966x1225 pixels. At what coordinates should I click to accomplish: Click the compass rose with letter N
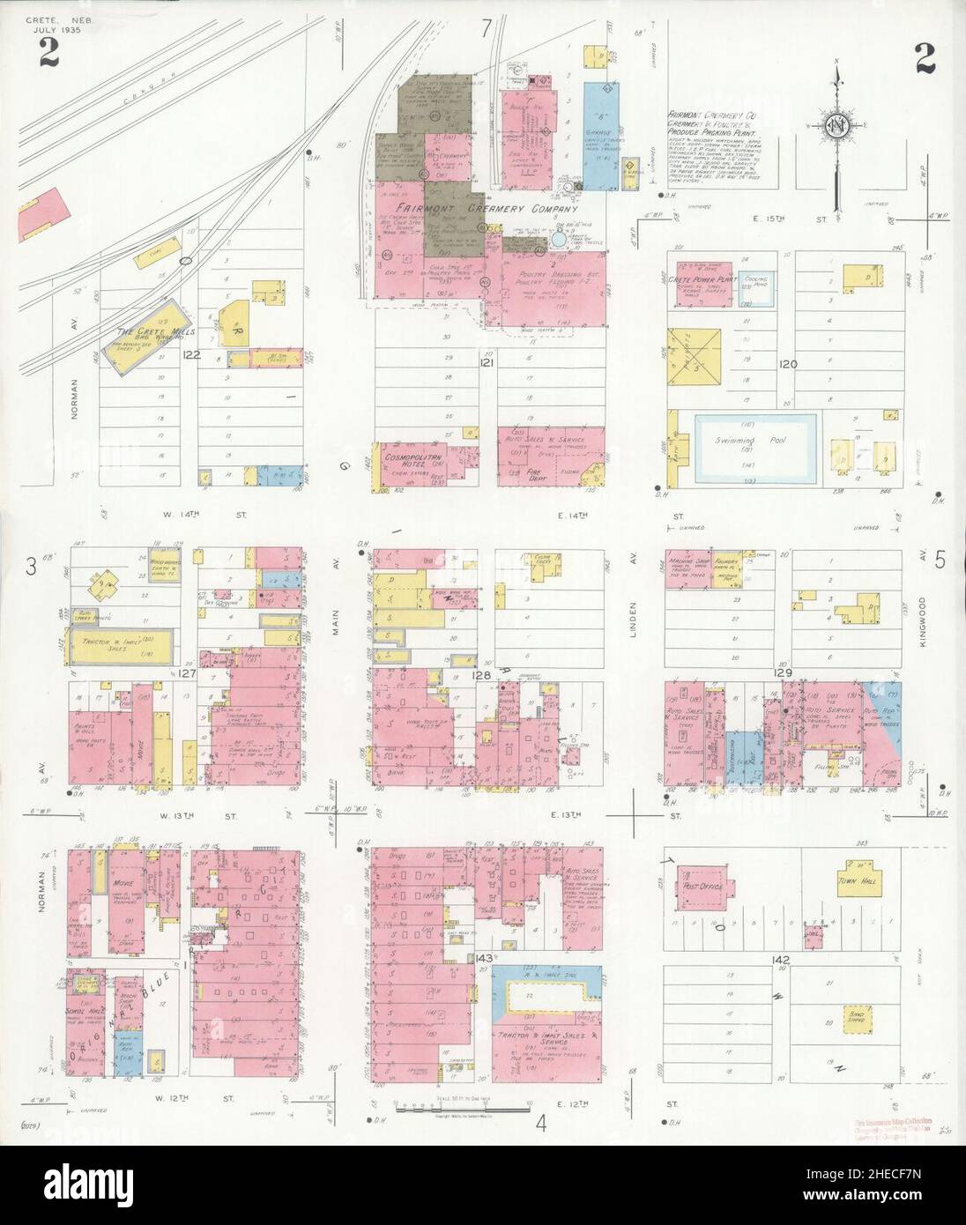(x=835, y=125)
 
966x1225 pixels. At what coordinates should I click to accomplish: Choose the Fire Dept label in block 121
(x=533, y=472)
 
